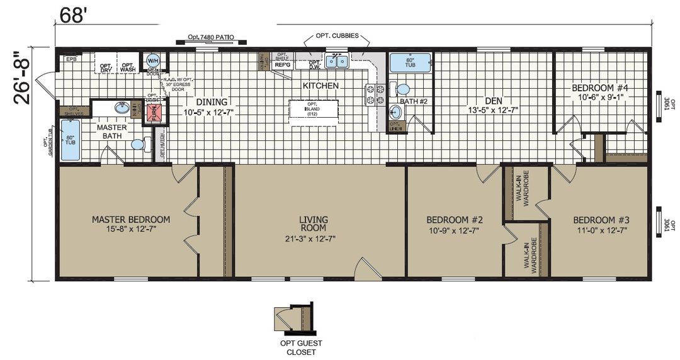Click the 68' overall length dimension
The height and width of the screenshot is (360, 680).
click(72, 15)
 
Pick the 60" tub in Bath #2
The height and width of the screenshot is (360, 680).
click(410, 63)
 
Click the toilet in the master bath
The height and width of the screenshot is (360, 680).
click(139, 144)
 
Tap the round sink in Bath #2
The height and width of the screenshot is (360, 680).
click(395, 113)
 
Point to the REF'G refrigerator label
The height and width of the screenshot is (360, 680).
click(282, 64)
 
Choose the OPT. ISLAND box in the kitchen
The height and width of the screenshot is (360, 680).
click(313, 109)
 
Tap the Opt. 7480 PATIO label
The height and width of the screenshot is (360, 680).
click(211, 38)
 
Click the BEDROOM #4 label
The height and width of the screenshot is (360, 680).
click(600, 88)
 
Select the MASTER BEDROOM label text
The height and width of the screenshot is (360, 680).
click(130, 220)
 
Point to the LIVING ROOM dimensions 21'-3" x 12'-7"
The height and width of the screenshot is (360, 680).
click(313, 239)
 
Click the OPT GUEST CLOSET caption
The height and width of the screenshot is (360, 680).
click(301, 347)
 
